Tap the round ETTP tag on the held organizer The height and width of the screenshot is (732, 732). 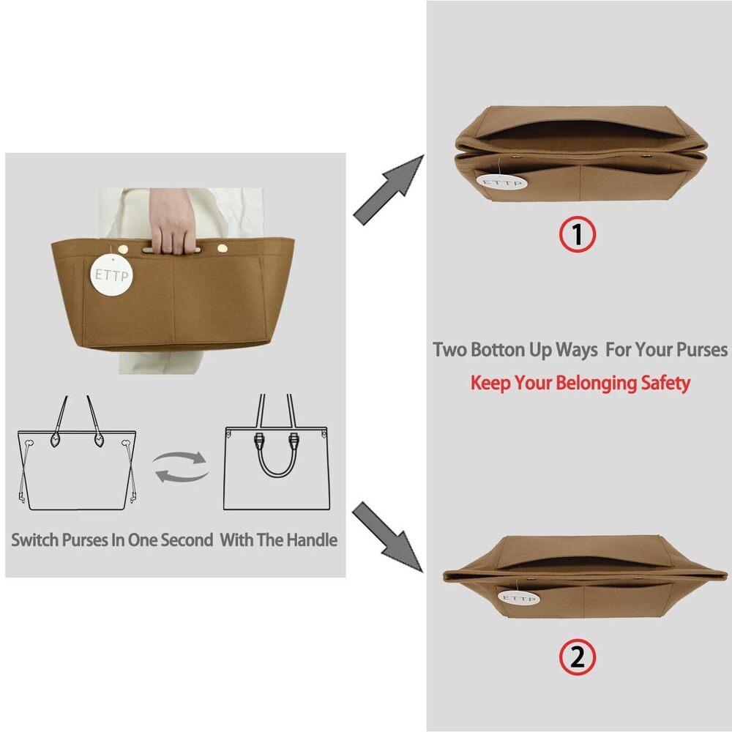(x=111, y=275)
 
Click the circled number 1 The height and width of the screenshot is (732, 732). (x=578, y=234)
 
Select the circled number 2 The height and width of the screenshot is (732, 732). (x=578, y=657)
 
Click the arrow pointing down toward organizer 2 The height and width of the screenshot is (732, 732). (x=387, y=537)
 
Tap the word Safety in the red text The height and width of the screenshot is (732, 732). (x=665, y=384)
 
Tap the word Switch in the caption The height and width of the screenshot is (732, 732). (x=34, y=540)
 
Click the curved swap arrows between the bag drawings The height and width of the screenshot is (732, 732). (x=181, y=467)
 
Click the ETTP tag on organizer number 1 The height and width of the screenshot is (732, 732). (x=502, y=182)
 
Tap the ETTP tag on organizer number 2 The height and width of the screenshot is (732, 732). (x=519, y=597)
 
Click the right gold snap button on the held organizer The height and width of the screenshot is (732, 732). (x=223, y=248)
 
